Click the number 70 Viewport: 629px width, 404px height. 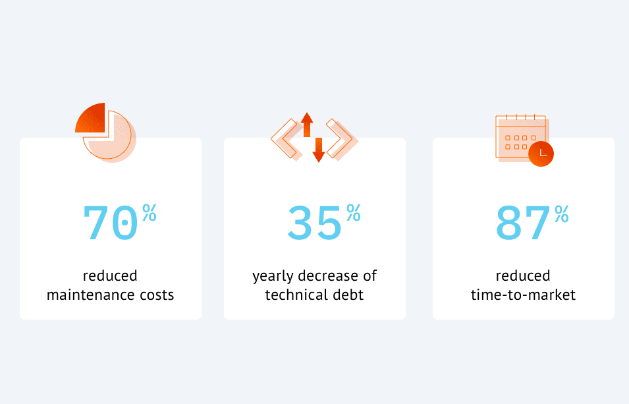point(110,223)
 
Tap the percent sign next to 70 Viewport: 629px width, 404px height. point(150,212)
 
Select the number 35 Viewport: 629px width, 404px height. point(315,223)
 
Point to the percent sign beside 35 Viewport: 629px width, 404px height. point(354,212)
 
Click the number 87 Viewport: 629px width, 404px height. point(523,223)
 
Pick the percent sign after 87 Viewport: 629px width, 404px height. point(562,214)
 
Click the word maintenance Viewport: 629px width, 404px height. point(91,295)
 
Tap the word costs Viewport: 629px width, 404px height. point(157,295)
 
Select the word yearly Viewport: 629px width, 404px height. point(273,276)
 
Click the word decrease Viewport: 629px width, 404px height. point(328,276)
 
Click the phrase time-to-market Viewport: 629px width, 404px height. point(523,295)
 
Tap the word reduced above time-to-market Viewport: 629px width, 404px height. point(523,276)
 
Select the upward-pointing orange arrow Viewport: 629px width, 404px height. point(307,125)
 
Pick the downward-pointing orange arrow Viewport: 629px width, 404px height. point(319,150)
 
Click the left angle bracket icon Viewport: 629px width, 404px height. point(287,138)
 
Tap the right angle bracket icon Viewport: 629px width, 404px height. point(341,139)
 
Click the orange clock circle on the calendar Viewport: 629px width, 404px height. point(541,154)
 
